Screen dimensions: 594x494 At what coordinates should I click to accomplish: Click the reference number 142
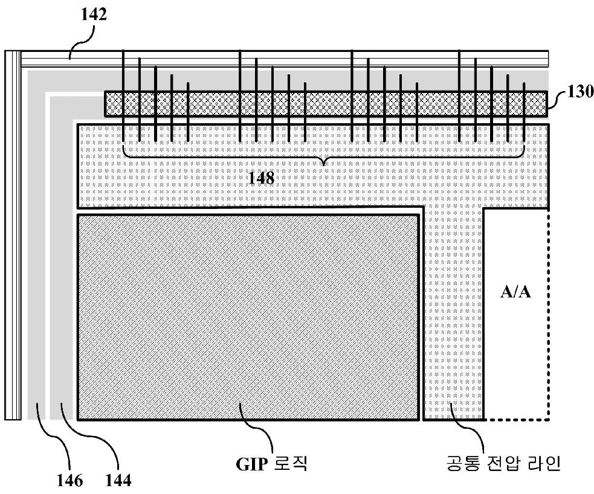(94, 14)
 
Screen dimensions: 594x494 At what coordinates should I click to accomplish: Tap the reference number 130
(580, 92)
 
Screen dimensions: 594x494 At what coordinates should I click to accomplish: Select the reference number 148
(261, 178)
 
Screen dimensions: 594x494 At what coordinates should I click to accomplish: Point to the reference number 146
(69, 480)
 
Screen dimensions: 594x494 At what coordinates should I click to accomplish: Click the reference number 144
(118, 480)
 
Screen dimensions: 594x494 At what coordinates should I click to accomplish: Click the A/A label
(515, 292)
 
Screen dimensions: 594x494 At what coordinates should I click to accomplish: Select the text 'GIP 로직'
(271, 464)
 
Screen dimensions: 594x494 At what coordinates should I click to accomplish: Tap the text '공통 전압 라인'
(503, 463)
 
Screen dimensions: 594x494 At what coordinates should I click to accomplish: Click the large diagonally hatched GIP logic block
(248, 317)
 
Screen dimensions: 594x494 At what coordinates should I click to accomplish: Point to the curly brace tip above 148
(323, 165)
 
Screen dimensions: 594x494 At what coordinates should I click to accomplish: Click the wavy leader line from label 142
(81, 43)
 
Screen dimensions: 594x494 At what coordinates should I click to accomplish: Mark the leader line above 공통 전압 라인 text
(468, 428)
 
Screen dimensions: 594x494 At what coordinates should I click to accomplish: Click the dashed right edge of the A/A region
(549, 314)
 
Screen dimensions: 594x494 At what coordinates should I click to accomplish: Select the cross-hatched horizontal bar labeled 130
(326, 104)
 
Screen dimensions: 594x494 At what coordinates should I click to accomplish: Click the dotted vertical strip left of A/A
(453, 314)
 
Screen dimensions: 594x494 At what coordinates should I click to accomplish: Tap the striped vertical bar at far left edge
(13, 235)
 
